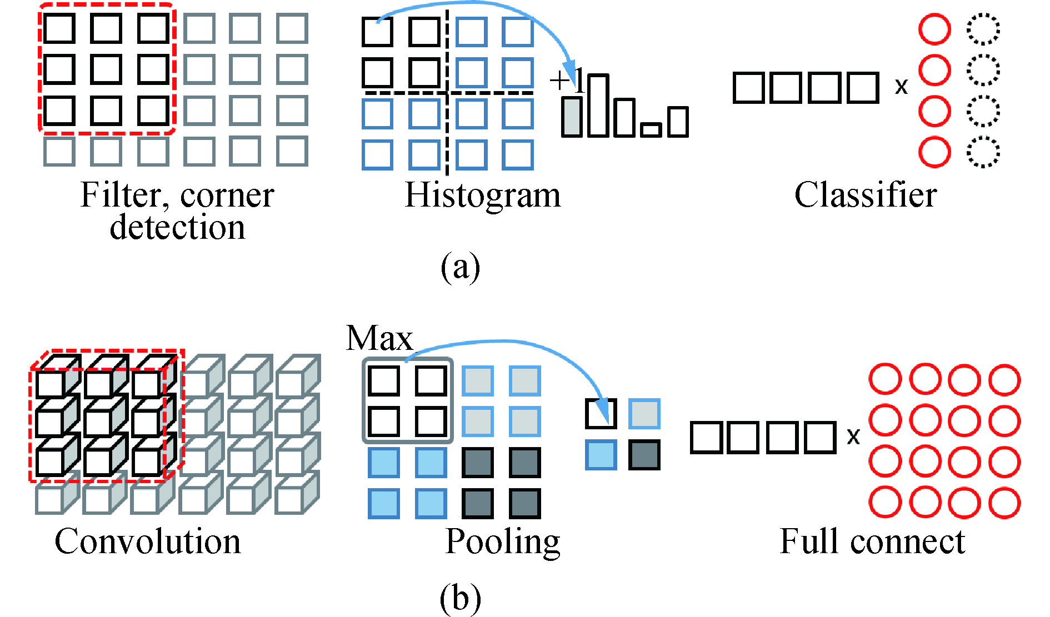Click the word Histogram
click(482, 195)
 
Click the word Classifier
click(865, 195)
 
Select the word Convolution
click(148, 541)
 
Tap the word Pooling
click(502, 541)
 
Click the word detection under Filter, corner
click(177, 228)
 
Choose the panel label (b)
click(460, 599)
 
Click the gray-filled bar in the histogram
click(572, 117)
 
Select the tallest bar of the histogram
click(598, 106)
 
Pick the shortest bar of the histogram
click(651, 130)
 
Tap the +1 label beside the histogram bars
click(566, 81)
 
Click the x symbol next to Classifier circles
click(901, 87)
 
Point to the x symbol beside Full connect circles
click(853, 437)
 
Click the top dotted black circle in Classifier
click(983, 29)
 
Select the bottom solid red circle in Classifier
click(934, 152)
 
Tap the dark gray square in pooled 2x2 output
click(644, 455)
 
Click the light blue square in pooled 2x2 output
click(601, 455)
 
